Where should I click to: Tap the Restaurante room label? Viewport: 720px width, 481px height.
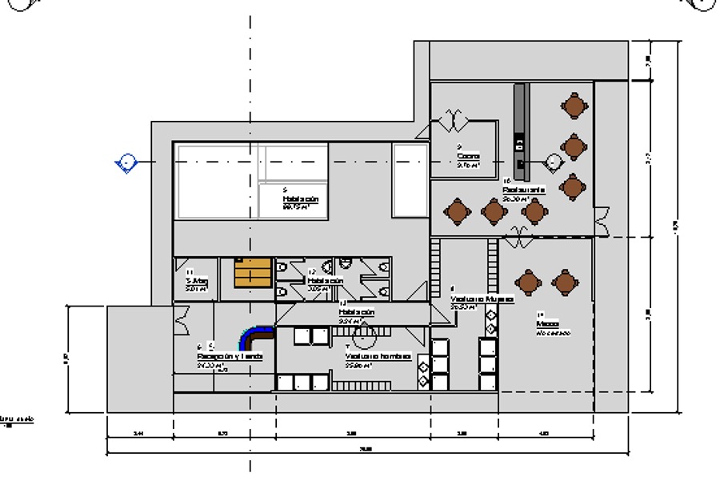(524, 190)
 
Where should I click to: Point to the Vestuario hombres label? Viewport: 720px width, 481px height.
(378, 357)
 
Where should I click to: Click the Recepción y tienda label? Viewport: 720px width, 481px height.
(230, 356)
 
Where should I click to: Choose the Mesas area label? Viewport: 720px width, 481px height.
(548, 324)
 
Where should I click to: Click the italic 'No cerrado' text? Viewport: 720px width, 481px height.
(553, 333)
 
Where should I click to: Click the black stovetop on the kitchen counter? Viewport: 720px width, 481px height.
(520, 145)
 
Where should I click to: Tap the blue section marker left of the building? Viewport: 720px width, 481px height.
(126, 163)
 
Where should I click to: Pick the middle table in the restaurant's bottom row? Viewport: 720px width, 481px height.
(494, 211)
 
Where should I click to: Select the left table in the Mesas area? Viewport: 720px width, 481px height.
(528, 282)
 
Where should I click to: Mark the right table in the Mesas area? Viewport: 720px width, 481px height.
(565, 282)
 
